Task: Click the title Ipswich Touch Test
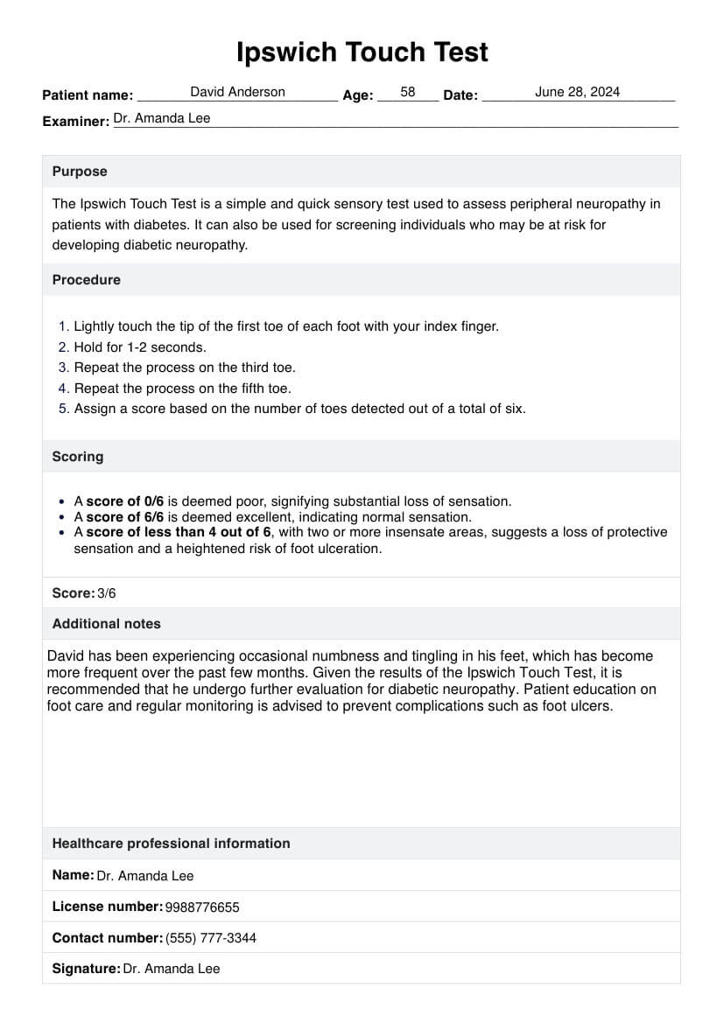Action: click(362, 53)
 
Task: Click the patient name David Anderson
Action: click(237, 92)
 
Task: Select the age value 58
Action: click(408, 92)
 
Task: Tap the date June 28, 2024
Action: click(577, 92)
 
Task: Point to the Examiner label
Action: click(75, 121)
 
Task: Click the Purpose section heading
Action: click(80, 172)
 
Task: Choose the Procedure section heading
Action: click(87, 280)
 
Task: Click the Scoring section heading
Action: click(78, 457)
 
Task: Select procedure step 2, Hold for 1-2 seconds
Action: click(140, 347)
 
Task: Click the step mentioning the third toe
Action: click(185, 368)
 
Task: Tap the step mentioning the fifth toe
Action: click(182, 388)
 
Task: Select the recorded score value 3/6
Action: click(107, 593)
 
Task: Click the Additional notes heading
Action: click(107, 624)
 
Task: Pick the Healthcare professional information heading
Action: click(171, 844)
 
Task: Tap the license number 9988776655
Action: click(202, 907)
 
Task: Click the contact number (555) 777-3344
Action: click(211, 938)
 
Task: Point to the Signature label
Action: click(86, 969)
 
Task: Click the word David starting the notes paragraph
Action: click(66, 655)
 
